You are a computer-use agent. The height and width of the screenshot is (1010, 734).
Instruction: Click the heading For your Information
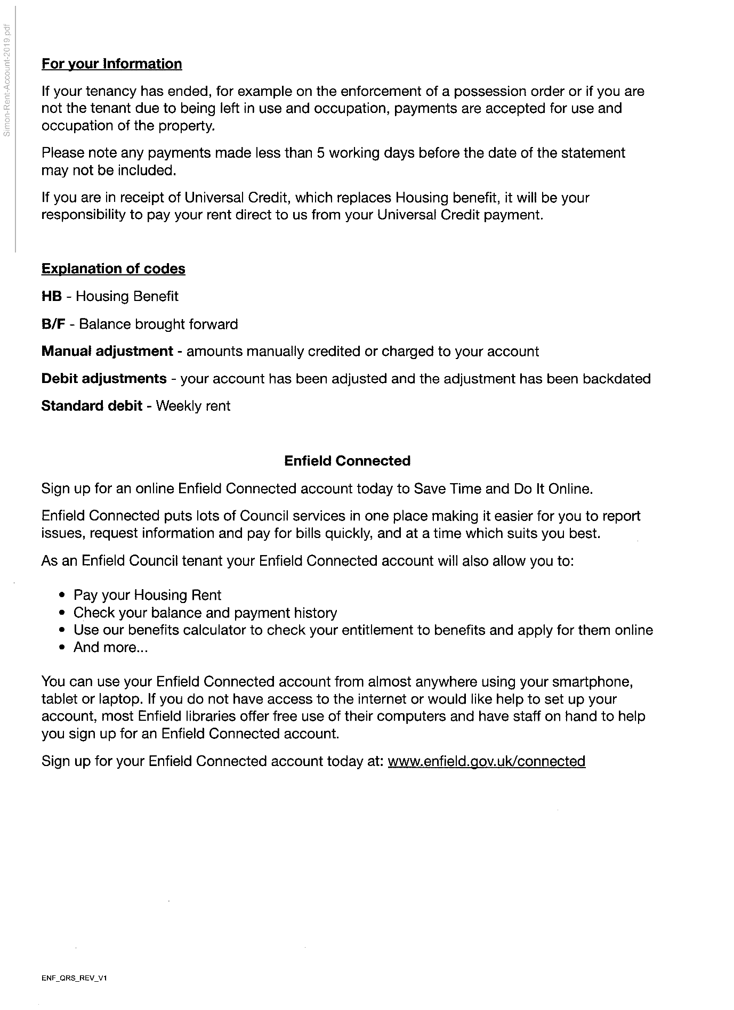click(x=111, y=64)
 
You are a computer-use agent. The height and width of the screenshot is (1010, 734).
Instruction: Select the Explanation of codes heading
click(x=113, y=268)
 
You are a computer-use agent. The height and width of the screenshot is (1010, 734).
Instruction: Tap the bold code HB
click(x=51, y=296)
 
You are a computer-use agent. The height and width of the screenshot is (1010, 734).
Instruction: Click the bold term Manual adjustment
click(x=107, y=352)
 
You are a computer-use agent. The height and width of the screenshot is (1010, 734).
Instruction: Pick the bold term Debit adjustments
click(x=104, y=379)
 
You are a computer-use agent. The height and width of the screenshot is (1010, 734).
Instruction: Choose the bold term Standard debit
click(x=92, y=406)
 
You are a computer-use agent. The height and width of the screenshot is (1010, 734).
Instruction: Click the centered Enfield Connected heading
click(x=347, y=461)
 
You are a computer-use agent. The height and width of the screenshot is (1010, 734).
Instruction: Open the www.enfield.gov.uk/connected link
click(x=486, y=761)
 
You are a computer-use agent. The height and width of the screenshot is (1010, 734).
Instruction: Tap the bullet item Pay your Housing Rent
click(x=147, y=595)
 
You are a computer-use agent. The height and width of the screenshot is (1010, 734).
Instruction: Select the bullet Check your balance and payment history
click(x=205, y=613)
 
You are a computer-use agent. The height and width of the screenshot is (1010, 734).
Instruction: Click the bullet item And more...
click(x=110, y=647)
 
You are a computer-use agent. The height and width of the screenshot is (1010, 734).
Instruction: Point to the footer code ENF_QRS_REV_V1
click(x=74, y=978)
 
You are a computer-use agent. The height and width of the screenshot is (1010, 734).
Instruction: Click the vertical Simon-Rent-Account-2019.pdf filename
click(x=7, y=80)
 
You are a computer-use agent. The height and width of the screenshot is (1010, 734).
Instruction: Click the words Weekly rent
click(x=193, y=406)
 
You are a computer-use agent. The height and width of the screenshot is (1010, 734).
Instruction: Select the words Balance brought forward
click(x=158, y=324)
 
